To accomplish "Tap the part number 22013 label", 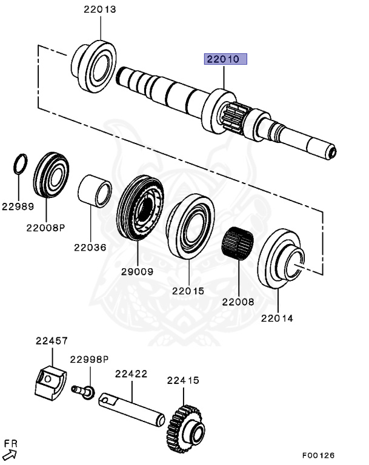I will tap(99, 10).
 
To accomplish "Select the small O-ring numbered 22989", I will tap(21, 163).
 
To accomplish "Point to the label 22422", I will tap(131, 374).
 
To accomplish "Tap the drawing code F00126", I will tap(318, 455).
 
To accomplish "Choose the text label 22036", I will tap(90, 247).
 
